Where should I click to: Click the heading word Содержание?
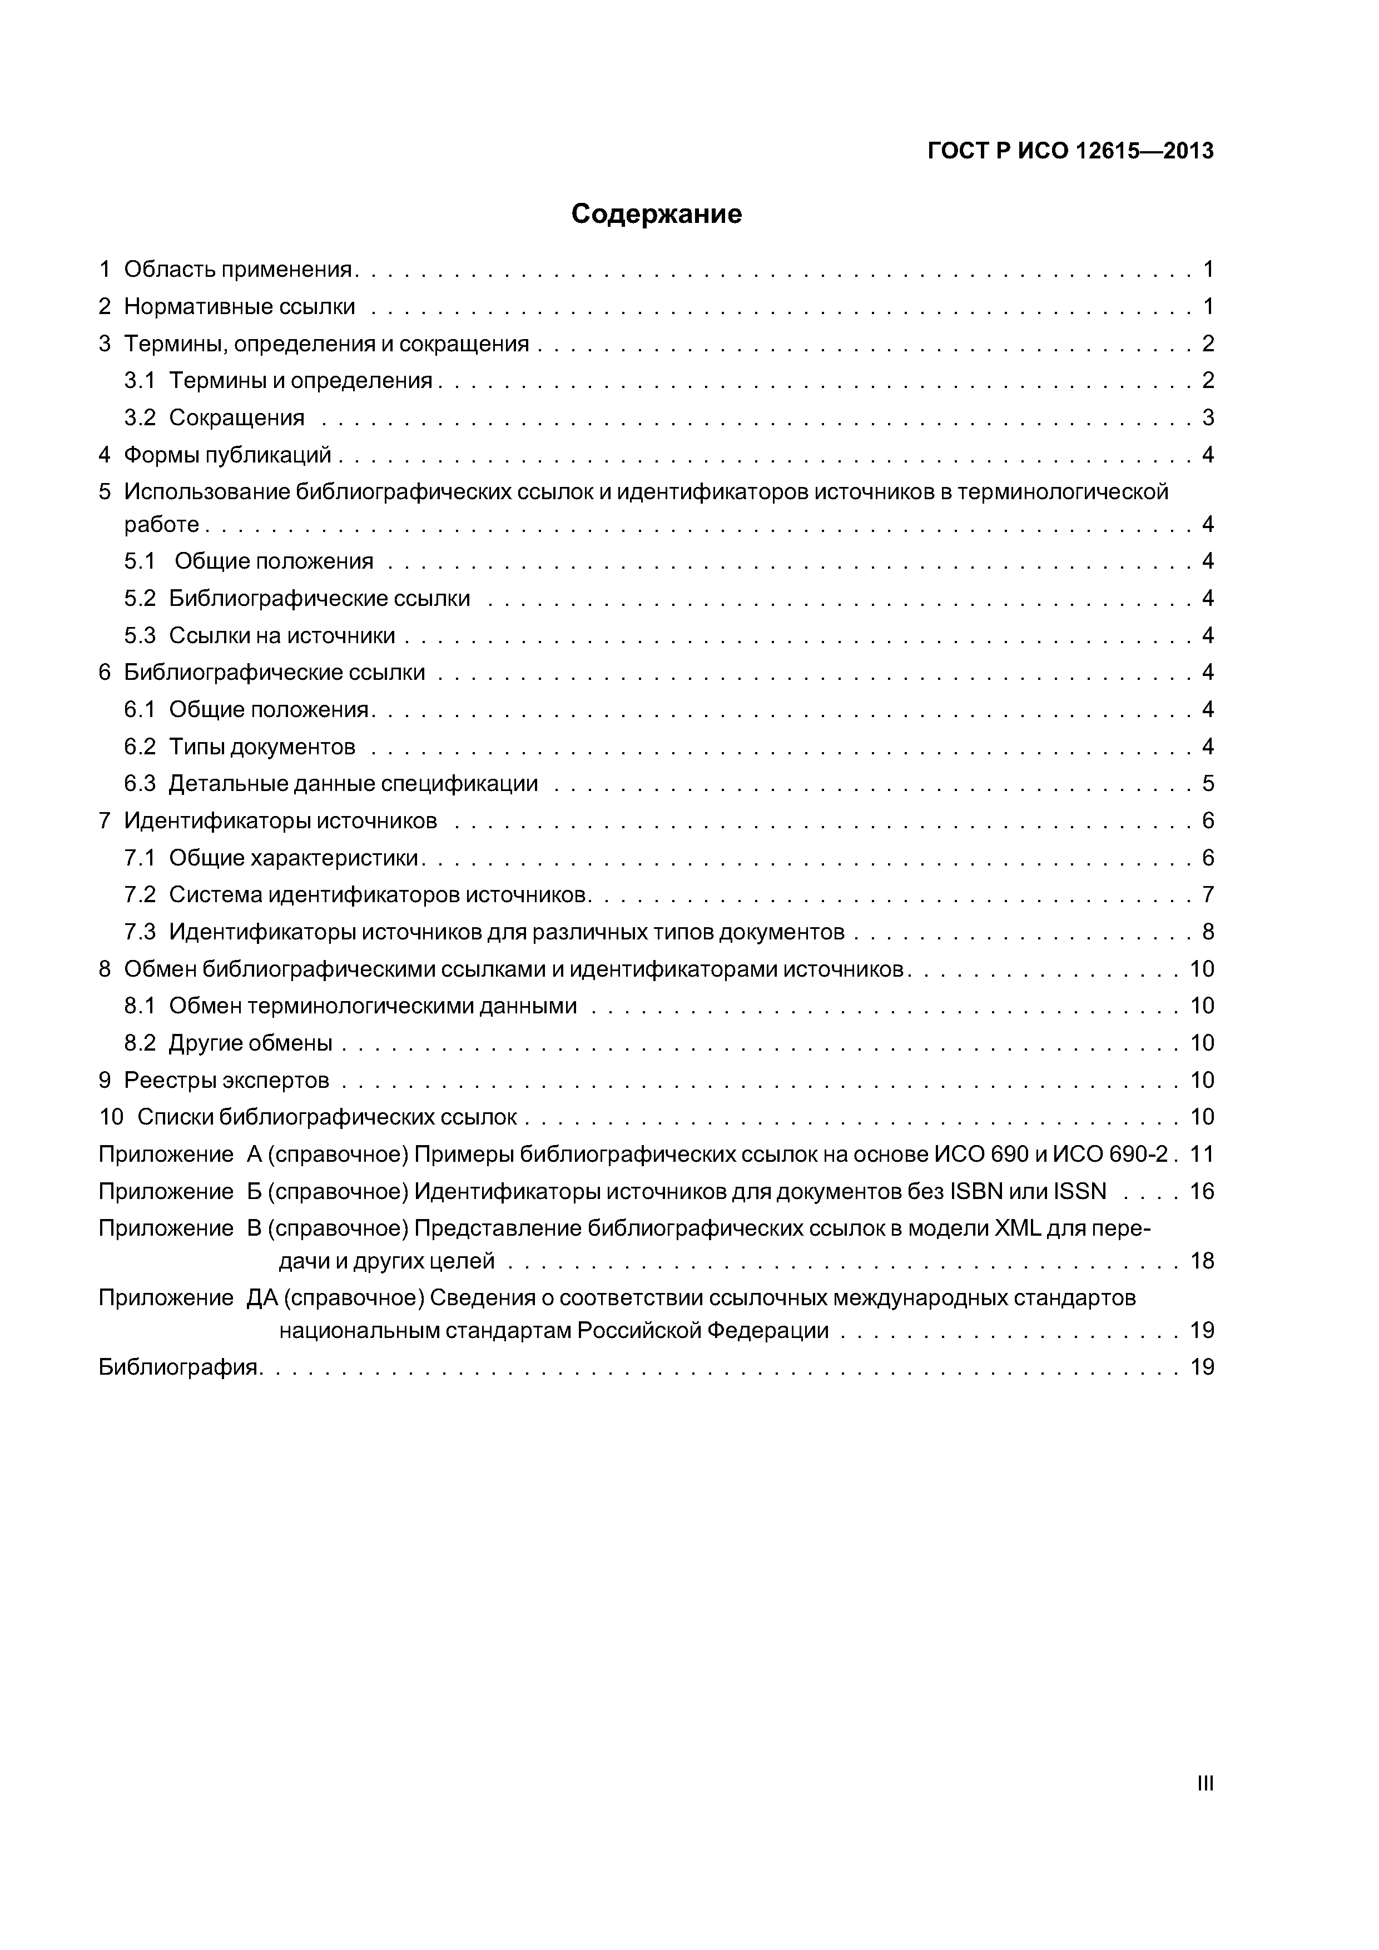[656, 214]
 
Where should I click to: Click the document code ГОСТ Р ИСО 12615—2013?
[1070, 151]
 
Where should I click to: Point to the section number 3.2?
[140, 418]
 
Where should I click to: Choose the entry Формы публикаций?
[228, 455]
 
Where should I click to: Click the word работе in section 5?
[161, 525]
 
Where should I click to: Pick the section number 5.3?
[140, 635]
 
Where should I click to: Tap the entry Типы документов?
[262, 748]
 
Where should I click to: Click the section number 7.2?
[140, 895]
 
